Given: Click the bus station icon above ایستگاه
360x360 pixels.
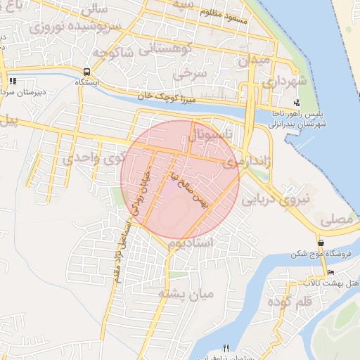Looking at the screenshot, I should [86, 71].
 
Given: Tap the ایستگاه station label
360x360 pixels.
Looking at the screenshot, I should [86, 82].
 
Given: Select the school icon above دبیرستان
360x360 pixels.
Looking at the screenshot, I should [12, 81].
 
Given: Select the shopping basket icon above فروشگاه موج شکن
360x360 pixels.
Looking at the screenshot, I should [321, 243].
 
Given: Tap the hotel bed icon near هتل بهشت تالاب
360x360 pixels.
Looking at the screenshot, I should [330, 273].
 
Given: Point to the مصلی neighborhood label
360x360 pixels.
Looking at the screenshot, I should [336, 220].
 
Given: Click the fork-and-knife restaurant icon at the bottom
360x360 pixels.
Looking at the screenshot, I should [226, 347].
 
